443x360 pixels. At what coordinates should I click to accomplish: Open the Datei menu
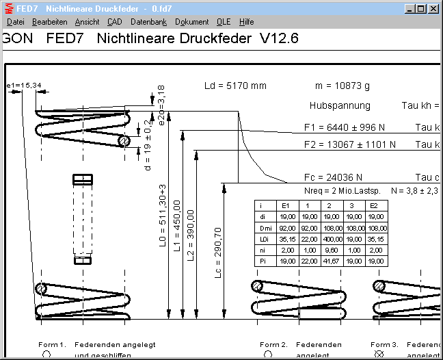tap(15, 22)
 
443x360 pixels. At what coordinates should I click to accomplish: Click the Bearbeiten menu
tap(49, 22)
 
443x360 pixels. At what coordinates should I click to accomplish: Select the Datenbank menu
tap(148, 22)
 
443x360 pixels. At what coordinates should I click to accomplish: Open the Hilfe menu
tap(246, 22)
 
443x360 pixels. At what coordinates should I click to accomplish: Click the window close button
tap(433, 9)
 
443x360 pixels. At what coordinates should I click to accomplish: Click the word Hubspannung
tap(340, 105)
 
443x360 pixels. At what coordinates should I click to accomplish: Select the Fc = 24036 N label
tap(333, 177)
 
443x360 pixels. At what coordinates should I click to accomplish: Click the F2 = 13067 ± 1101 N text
tap(349, 144)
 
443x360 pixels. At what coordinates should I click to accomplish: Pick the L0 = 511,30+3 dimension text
tap(163, 216)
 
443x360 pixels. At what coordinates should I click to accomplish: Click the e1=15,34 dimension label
tap(24, 85)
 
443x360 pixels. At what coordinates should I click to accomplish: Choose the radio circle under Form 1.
tap(46, 354)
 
